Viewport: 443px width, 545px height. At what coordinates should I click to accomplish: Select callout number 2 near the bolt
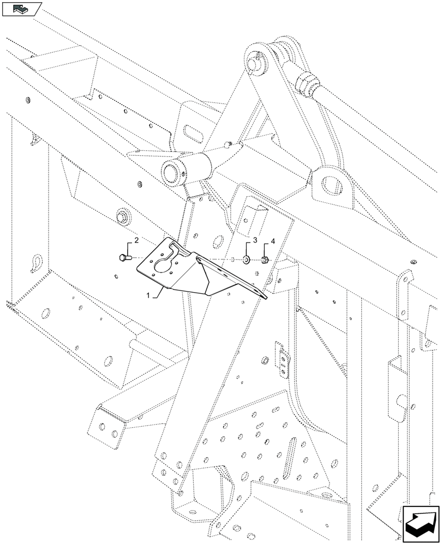[x=136, y=240]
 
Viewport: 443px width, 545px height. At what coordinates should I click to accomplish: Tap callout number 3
[x=255, y=240]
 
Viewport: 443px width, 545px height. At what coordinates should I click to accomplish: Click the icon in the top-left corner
[x=21, y=8]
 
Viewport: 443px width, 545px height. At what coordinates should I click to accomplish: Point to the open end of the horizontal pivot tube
[x=170, y=174]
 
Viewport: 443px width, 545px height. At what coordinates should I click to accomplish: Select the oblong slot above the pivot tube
[x=194, y=131]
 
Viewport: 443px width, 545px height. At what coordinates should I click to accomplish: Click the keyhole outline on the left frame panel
[x=37, y=262]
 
